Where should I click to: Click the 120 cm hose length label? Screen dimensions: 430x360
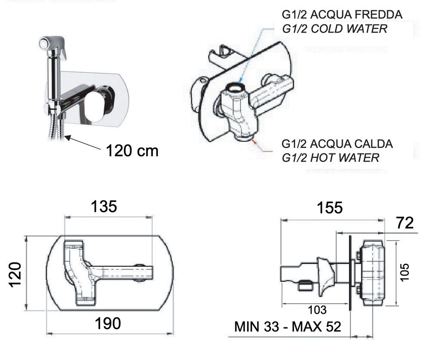coord(132,151)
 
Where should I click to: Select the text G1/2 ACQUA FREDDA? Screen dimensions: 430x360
coord(342,15)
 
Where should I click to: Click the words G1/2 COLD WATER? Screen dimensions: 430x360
coord(335,29)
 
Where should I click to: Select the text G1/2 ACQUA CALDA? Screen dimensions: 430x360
coord(337,144)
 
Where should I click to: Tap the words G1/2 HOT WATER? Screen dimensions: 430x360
coord(330,158)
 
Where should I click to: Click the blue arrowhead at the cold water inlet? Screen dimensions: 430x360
coord(240,80)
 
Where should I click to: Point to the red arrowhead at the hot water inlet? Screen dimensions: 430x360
coord(255,142)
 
